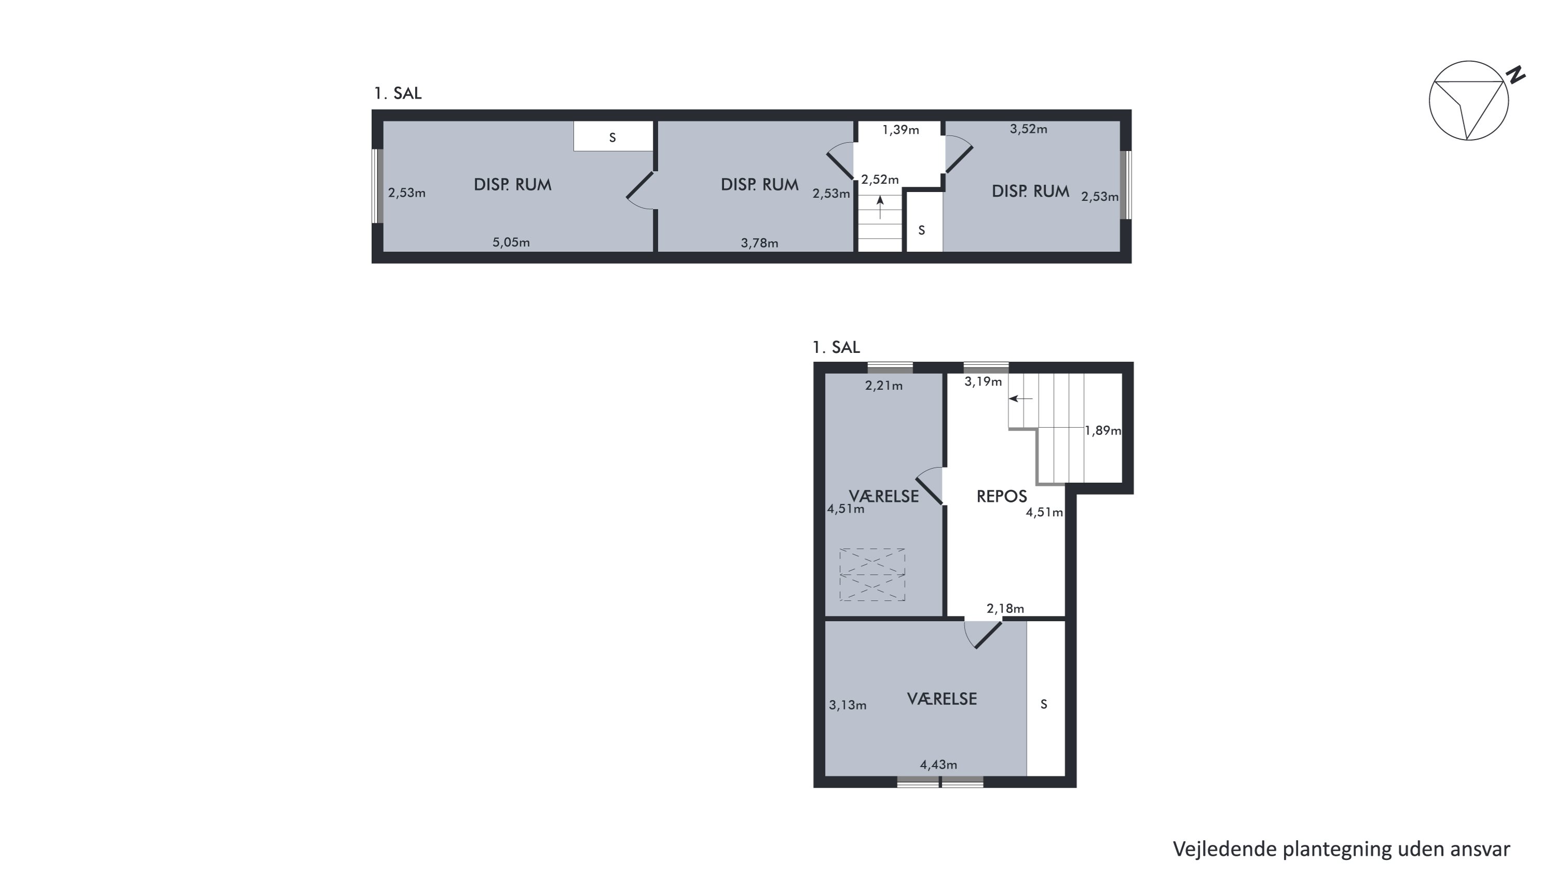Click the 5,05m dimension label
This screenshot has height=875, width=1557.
pos(511,242)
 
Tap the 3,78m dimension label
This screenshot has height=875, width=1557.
pos(759,243)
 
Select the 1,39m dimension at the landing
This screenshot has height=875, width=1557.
pos(900,129)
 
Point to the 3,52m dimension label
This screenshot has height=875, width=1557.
pos(1028,129)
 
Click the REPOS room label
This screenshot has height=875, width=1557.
pos(1002,496)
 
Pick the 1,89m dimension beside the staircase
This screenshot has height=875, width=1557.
pos(1102,430)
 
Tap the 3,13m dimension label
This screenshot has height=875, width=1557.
pos(848,705)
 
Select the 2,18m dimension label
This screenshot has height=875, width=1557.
pos(1005,609)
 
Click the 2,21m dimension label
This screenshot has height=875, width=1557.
pos(884,386)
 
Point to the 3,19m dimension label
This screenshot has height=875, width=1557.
pos(983,381)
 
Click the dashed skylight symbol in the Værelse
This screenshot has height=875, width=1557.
pos(872,575)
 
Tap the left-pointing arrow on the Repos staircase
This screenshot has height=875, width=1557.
pos(1021,399)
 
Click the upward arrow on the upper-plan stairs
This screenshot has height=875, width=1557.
pos(880,207)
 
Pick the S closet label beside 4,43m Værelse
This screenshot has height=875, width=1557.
pos(1044,704)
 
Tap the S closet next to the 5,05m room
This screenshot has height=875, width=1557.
pos(612,138)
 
